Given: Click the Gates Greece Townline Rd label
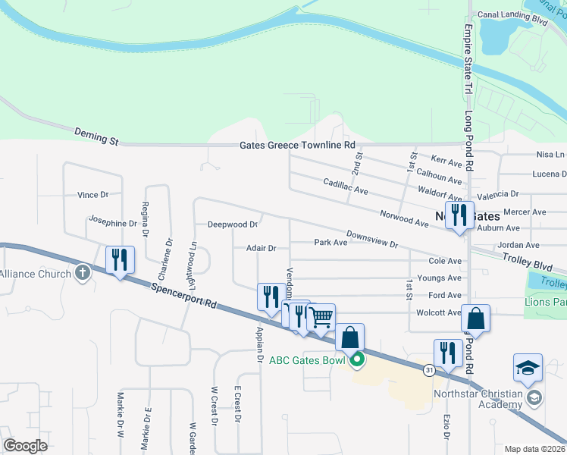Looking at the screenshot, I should [297, 145].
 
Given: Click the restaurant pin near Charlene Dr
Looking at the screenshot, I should [120, 260].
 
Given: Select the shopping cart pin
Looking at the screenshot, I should [321, 317].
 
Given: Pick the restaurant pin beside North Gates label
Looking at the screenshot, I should [459, 215].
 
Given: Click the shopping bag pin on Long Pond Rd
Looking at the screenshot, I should [475, 318].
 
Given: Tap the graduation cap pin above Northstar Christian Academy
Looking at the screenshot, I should [528, 369].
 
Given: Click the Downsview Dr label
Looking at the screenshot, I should [372, 240].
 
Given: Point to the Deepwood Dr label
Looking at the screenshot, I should [233, 224].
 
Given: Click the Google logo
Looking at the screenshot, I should [25, 445].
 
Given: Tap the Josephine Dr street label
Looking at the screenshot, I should [112, 223].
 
